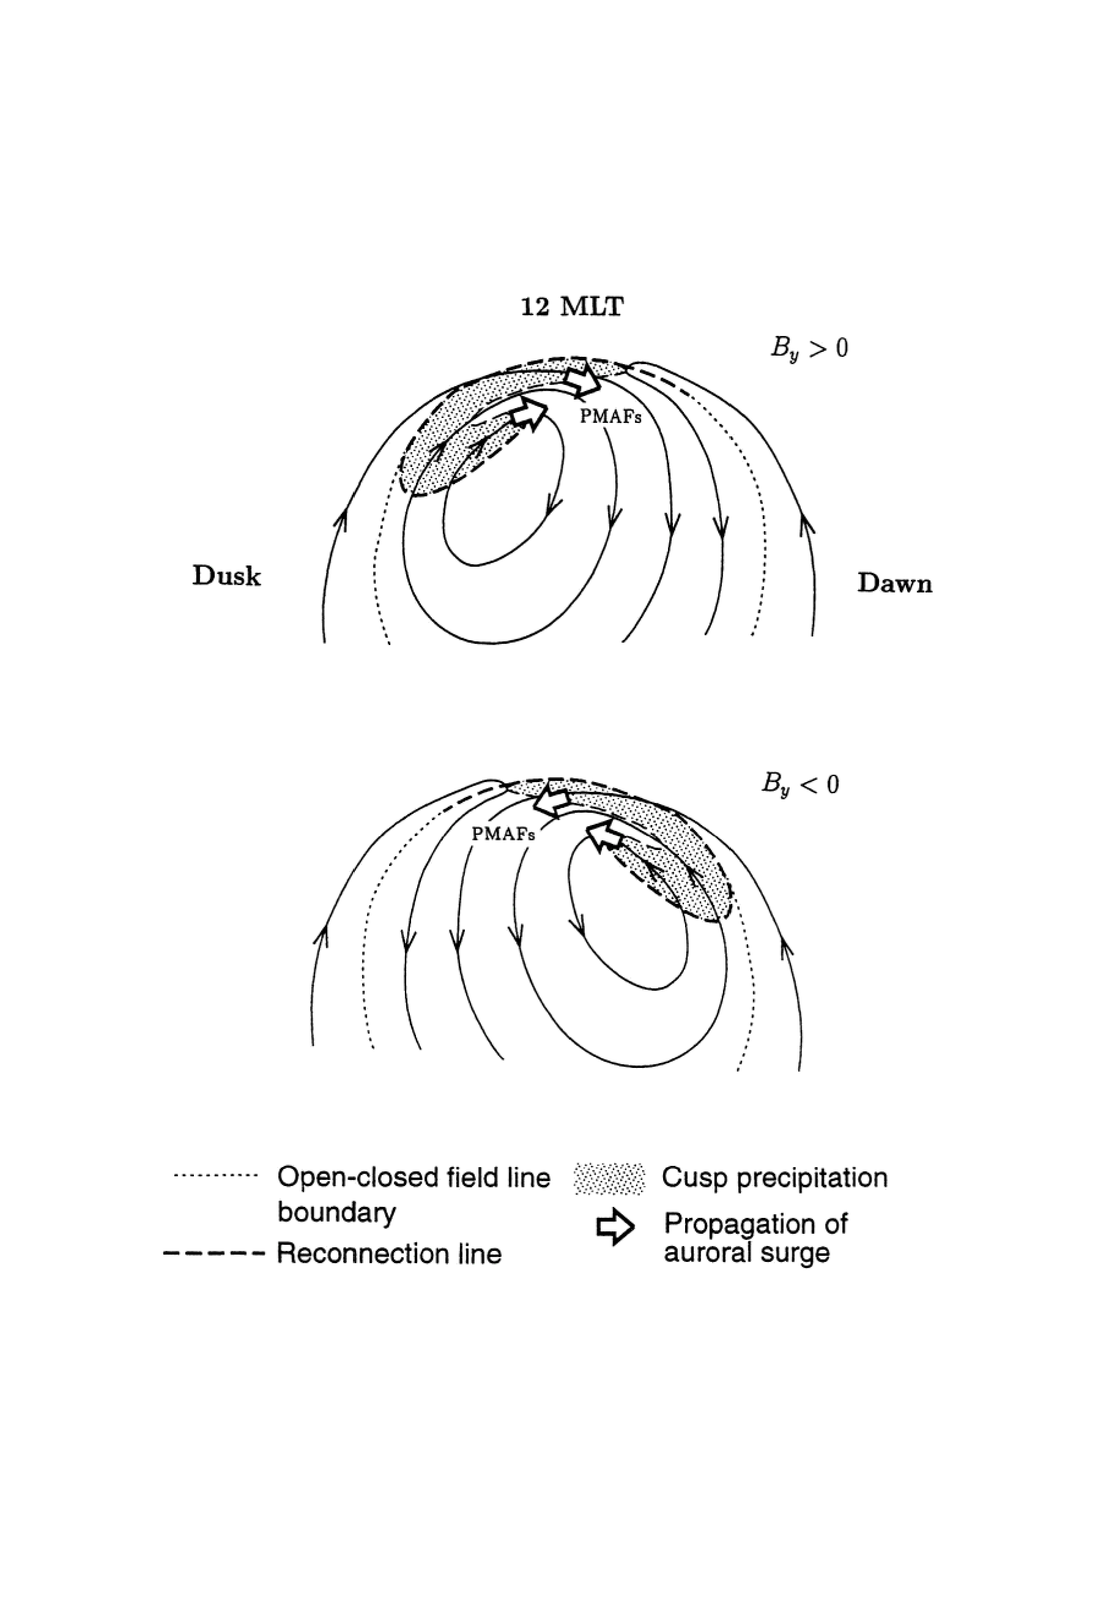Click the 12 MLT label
tap(572, 306)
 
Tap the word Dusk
tap(227, 576)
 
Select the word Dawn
tap(895, 583)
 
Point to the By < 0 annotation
tap(800, 785)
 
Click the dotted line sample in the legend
tap(215, 1176)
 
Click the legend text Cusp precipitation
tap(774, 1177)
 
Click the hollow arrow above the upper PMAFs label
tap(582, 379)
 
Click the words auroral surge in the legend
tap(746, 1253)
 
